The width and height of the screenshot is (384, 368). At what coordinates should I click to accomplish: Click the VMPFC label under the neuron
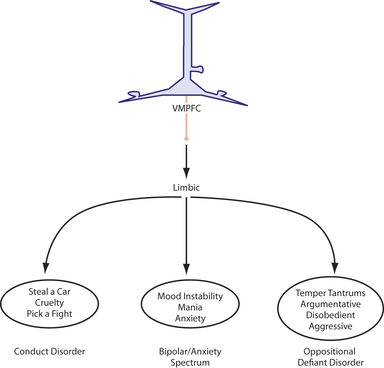187,108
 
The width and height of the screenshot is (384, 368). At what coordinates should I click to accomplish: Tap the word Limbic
186,188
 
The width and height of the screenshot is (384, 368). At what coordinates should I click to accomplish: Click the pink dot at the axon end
186,139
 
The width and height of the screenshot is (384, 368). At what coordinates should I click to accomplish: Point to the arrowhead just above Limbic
186,173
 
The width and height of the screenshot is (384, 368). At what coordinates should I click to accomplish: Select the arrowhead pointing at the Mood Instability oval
186,269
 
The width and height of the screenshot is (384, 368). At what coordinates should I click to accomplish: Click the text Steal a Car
49,292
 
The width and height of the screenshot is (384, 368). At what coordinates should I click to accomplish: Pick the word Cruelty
49,303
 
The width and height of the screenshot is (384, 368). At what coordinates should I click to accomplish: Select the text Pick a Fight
49,314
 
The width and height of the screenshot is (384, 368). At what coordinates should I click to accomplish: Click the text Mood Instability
190,296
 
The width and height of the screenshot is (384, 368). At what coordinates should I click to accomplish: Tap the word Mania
190,307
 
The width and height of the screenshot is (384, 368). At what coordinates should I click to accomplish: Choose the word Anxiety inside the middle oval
190,318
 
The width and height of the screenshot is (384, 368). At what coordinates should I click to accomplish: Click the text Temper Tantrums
331,293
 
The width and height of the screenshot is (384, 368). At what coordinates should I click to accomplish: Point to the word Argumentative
331,304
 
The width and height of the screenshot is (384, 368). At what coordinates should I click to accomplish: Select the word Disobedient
331,315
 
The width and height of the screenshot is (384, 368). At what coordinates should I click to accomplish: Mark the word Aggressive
331,326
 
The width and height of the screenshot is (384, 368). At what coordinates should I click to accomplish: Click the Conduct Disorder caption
49,351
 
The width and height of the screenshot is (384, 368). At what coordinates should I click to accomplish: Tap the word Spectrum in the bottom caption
190,363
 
